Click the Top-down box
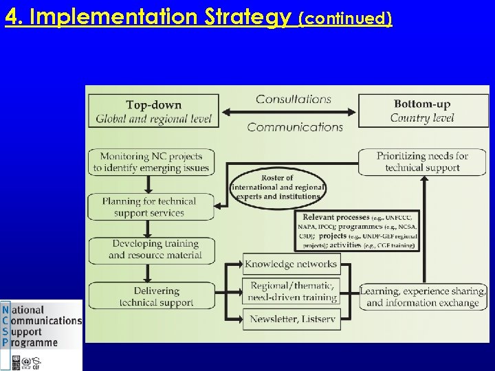pyautogui.click(x=153, y=111)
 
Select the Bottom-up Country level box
pyautogui.click(x=423, y=111)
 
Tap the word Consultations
pyautogui.click(x=294, y=99)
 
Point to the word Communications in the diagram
pyautogui.click(x=294, y=127)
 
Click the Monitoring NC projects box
pyautogui.click(x=151, y=161)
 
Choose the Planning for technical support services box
pyautogui.click(x=150, y=207)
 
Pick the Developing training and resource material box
pyautogui.click(x=155, y=249)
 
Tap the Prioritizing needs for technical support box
pyautogui.click(x=423, y=161)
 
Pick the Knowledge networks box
pyautogui.click(x=291, y=264)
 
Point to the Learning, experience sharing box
pyautogui.click(x=423, y=297)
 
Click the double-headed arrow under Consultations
pyautogui.click(x=289, y=113)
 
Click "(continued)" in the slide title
pyautogui.click(x=346, y=19)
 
